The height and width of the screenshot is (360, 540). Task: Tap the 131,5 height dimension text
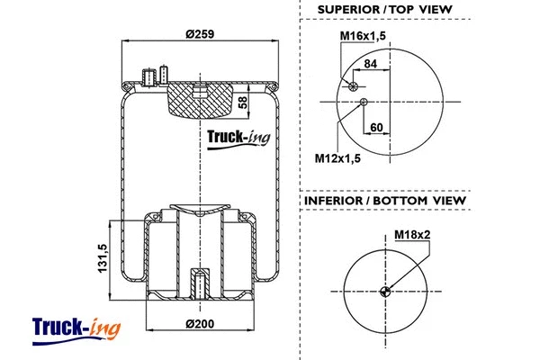pyautogui.click(x=103, y=260)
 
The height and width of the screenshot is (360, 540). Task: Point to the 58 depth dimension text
pyautogui.click(x=242, y=102)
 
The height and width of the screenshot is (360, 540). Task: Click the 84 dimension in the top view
pyautogui.click(x=370, y=63)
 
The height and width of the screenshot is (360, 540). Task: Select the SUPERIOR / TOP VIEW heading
pyautogui.click(x=384, y=11)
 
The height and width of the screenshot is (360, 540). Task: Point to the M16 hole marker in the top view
pyautogui.click(x=352, y=86)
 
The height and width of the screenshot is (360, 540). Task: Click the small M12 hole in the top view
pyautogui.click(x=364, y=102)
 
